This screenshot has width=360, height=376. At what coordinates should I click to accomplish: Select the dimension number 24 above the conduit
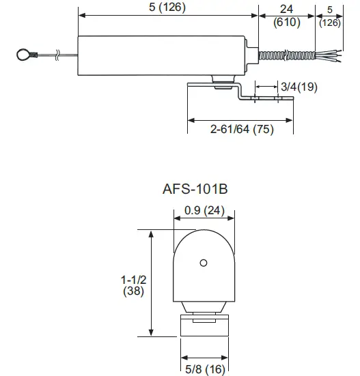tap(286, 9)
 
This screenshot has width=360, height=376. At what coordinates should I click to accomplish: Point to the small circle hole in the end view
tap(202, 263)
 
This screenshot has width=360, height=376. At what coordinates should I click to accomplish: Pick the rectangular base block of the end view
tap(203, 324)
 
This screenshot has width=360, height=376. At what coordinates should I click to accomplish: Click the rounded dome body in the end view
tap(203, 270)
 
